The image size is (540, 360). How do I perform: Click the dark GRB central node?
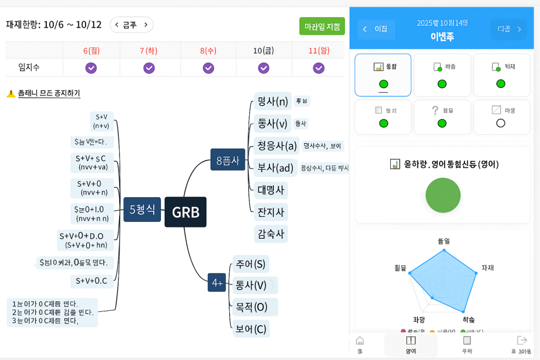click(186, 212)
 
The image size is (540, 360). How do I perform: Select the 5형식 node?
click(142, 210)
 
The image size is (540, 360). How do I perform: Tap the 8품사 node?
click(228, 161)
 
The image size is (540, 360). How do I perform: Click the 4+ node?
click(217, 283)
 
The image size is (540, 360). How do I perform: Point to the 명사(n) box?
click(272, 101)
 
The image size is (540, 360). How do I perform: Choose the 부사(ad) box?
click(275, 168)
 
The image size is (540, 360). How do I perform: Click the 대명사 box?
click(271, 190)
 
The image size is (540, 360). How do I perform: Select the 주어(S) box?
click(250, 264)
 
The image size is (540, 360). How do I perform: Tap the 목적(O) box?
click(252, 307)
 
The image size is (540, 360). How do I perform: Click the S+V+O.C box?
click(92, 281)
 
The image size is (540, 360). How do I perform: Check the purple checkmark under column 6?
click(91, 68)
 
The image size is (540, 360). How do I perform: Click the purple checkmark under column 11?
click(319, 68)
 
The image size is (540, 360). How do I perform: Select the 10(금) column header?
click(263, 51)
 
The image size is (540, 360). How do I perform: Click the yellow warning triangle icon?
click(11, 93)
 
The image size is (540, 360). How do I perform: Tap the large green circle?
click(443, 195)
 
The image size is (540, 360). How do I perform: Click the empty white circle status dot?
click(501, 123)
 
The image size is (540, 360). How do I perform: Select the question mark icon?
click(435, 110)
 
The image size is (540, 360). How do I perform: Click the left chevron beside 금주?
click(117, 25)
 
